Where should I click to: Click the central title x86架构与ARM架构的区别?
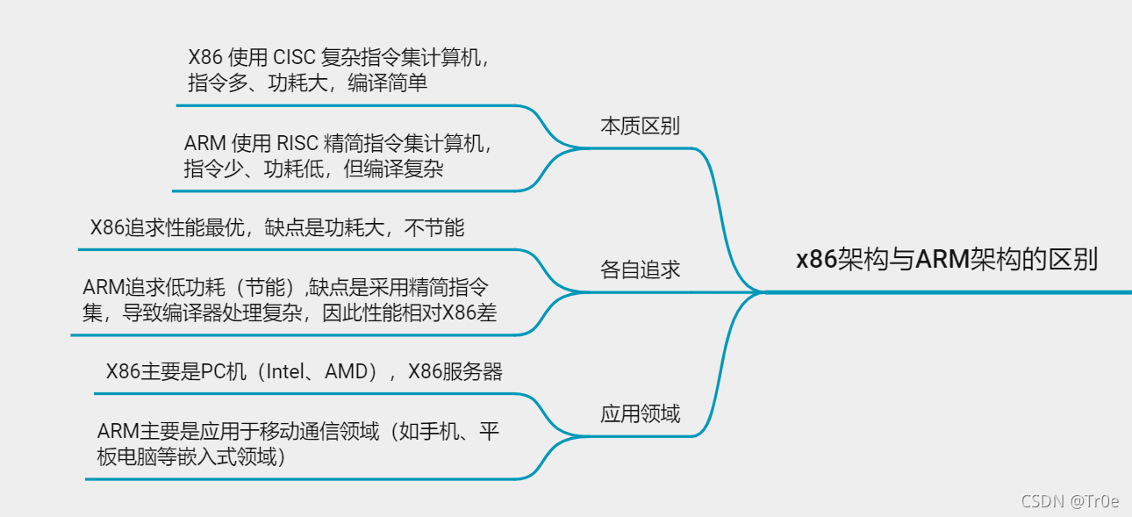point(947,260)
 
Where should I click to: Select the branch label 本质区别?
point(640,126)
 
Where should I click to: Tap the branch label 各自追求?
point(640,269)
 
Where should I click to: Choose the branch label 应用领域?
point(640,413)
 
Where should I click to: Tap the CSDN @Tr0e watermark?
point(1070,501)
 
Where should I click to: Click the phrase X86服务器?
point(455,371)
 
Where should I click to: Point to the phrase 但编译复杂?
point(393,169)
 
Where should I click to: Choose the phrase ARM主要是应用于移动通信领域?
point(238,431)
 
